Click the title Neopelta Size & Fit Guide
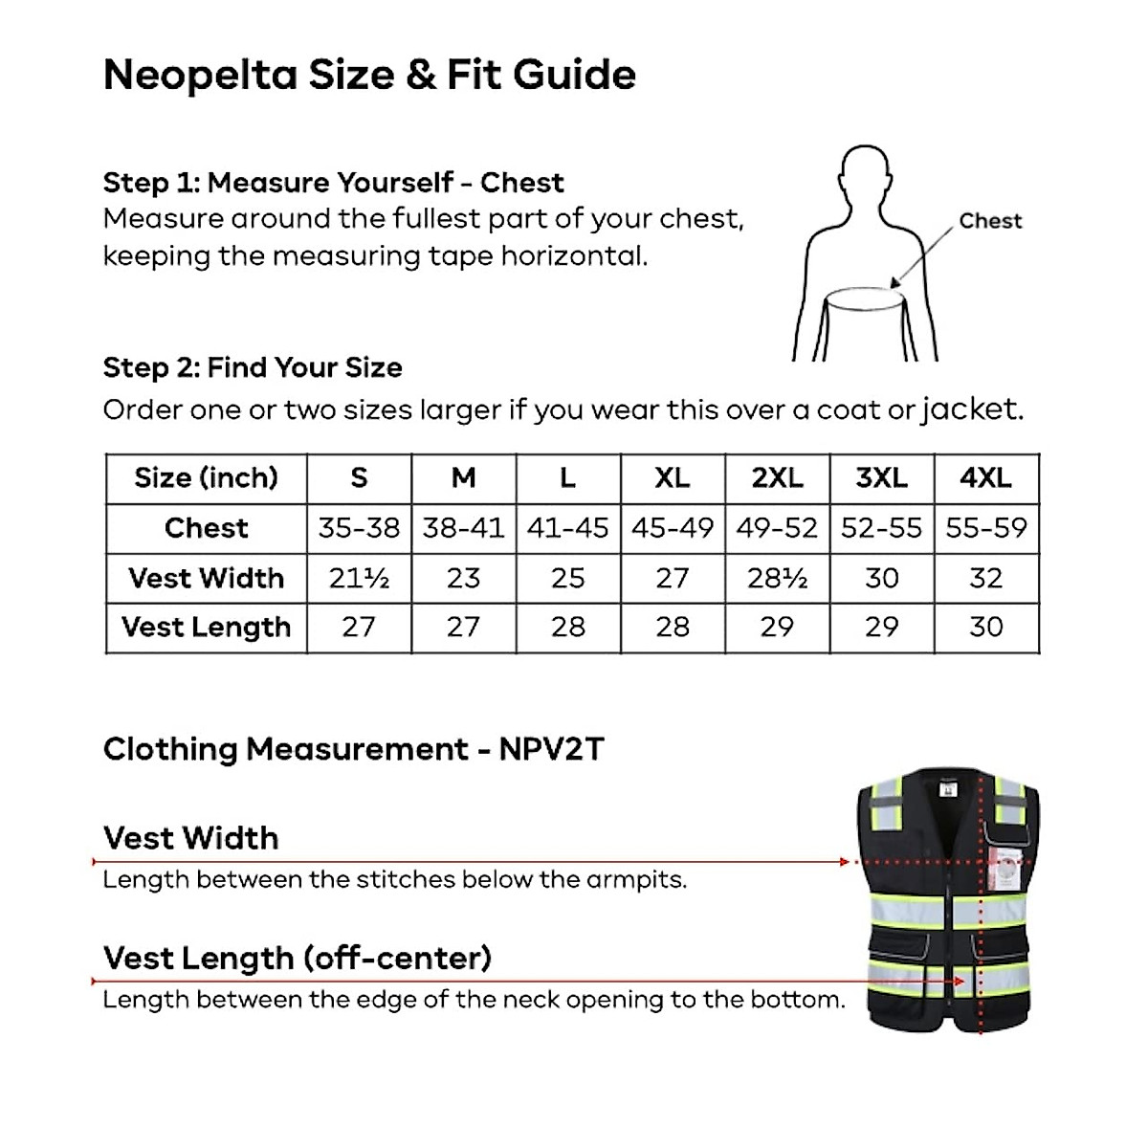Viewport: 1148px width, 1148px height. pos(369,75)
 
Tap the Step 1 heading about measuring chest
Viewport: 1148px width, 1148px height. pos(333,182)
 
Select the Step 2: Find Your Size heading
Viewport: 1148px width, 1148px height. pos(253,367)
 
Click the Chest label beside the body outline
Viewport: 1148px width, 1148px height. pos(990,221)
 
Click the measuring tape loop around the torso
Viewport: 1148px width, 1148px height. pos(866,298)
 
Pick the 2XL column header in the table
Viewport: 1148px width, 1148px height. pos(777,477)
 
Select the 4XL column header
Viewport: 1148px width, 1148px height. pos(986,477)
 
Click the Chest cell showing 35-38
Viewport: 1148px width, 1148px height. pos(359,528)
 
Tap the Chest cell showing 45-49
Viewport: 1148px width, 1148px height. pos(673,528)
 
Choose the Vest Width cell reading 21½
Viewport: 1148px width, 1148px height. pos(359,578)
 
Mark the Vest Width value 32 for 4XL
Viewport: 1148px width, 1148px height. pos(986,578)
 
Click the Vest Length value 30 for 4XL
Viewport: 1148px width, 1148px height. pos(986,628)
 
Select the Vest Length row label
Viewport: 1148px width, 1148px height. pos(206,628)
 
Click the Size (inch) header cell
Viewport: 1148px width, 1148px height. pos(206,477)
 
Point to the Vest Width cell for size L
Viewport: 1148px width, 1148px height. pos(568,578)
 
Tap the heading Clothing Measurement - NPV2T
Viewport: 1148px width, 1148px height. pos(353,748)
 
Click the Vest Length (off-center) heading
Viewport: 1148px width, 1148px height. pos(297,958)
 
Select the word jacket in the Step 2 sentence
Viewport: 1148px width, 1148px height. pos(970,409)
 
